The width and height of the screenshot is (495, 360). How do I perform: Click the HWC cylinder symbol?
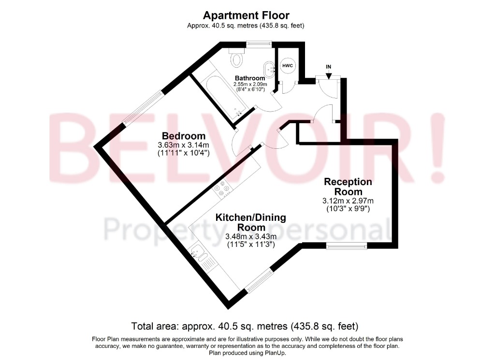click(288, 66)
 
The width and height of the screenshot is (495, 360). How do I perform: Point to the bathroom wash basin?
click(268, 69)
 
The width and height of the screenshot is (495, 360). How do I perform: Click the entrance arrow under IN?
click(329, 75)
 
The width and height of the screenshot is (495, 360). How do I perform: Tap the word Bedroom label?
click(184, 136)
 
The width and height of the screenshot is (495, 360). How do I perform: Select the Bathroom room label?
click(250, 78)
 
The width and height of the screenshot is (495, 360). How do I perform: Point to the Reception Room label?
click(348, 187)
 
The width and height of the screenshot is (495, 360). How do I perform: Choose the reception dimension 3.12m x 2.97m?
click(348, 201)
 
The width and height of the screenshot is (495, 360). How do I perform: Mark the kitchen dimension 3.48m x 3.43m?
click(251, 236)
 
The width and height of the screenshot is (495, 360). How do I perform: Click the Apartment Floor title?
click(246, 15)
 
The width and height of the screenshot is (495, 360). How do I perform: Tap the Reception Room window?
click(347, 246)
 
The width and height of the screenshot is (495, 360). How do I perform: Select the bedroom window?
click(142, 108)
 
